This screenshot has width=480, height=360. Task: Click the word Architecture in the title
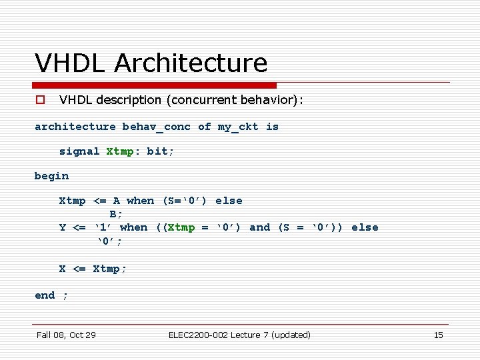[x=191, y=63]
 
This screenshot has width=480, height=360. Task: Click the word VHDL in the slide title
[x=71, y=63]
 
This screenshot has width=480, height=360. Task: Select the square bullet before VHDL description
[x=40, y=100]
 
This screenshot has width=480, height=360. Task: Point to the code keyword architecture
[x=75, y=127]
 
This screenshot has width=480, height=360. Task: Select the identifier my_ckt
[x=237, y=127]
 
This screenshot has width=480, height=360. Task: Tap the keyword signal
[x=79, y=151]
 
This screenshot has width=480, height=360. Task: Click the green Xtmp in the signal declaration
[x=119, y=151]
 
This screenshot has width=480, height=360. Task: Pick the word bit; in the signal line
[x=160, y=151]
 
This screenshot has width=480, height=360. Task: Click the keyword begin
[x=51, y=176]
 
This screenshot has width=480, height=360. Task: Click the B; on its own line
[x=116, y=214]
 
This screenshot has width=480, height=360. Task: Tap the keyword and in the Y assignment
[x=259, y=227]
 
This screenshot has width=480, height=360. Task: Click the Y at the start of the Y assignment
[x=63, y=227]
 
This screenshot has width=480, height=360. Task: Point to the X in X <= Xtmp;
[x=63, y=269]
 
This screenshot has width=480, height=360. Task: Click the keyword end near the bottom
[x=45, y=295]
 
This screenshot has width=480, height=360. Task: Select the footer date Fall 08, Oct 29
[x=66, y=335]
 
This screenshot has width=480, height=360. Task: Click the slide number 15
[x=438, y=335]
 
